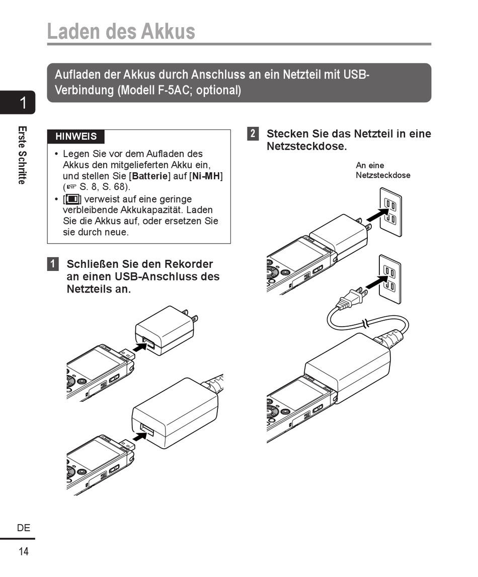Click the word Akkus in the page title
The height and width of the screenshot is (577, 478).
(168, 31)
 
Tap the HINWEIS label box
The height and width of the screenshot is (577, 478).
(76, 136)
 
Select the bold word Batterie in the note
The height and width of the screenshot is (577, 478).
(149, 176)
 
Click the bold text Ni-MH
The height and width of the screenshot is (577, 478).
(206, 176)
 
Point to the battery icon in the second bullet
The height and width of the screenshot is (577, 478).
(72, 199)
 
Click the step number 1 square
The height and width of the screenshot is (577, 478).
(53, 264)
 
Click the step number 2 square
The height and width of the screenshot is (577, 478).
(253, 134)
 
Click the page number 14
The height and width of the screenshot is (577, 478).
(24, 551)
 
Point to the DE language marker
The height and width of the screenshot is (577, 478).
(24, 528)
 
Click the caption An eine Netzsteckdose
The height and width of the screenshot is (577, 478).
(382, 170)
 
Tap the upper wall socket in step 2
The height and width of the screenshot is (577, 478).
(390, 211)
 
